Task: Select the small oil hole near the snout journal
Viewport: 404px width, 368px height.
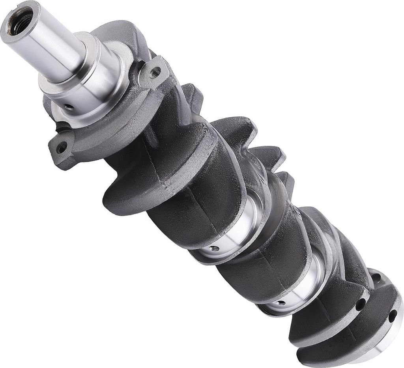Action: click(69, 106)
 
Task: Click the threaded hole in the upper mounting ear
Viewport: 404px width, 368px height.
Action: click(155, 73)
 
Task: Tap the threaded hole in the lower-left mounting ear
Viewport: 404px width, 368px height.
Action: click(60, 149)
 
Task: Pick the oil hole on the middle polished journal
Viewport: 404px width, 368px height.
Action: click(214, 248)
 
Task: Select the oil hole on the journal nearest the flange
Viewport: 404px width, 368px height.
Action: click(281, 303)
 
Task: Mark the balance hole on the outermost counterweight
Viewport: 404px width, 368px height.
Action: click(393, 316)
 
